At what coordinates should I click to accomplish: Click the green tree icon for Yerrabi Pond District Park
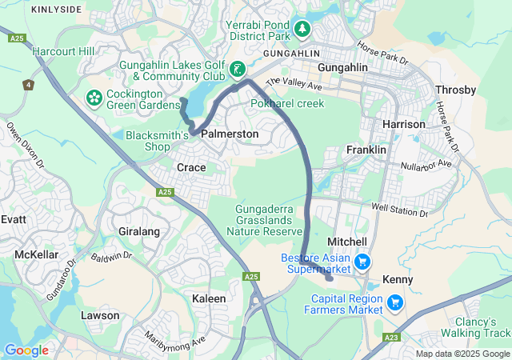pos(302,30)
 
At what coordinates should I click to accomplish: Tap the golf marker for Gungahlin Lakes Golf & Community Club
pos(238,70)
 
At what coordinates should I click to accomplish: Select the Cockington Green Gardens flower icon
pos(94,98)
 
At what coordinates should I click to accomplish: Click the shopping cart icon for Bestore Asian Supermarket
pos(362,262)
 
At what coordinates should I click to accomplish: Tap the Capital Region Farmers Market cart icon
pos(394,302)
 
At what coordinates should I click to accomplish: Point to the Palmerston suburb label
pos(230,134)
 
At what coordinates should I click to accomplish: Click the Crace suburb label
pos(191,167)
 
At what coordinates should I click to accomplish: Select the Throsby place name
pos(455,90)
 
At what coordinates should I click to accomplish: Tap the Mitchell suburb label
pos(347,242)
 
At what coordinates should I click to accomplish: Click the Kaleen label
pos(209,298)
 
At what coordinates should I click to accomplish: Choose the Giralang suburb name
pos(139,231)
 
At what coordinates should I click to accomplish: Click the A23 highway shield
pos(391,338)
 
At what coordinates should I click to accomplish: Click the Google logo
pos(26,350)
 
